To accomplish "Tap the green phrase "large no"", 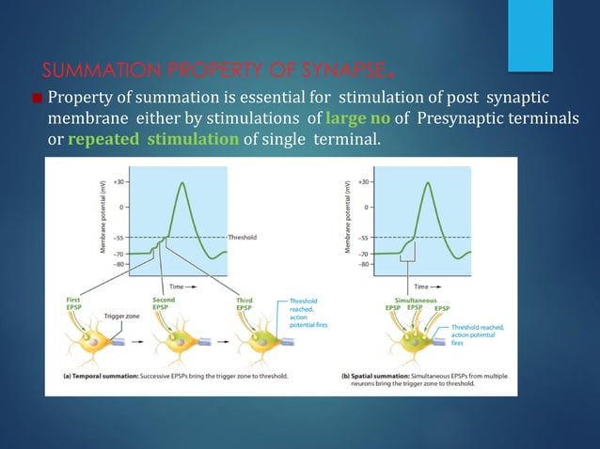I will [357, 119].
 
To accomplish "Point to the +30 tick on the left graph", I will [118, 181].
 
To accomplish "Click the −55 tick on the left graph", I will [119, 238].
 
